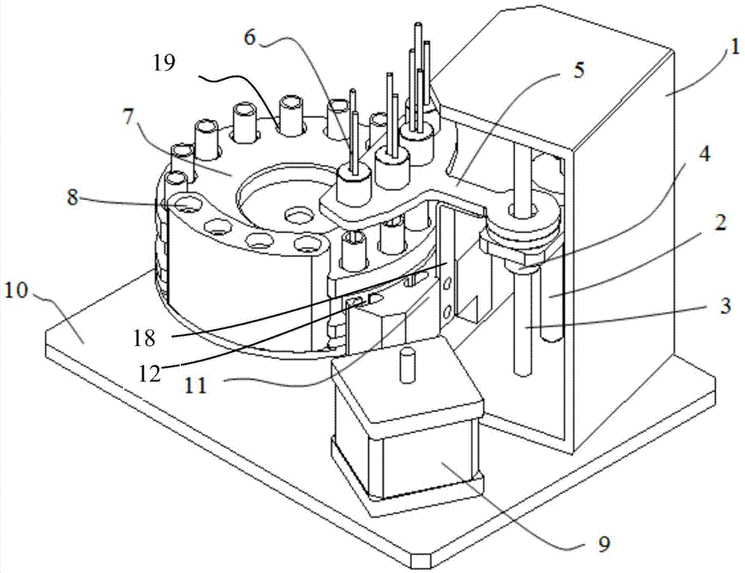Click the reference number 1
pos(734,48)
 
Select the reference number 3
pos(724,306)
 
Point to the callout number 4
pos(705,154)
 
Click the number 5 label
pos(578,71)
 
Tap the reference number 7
pos(128,117)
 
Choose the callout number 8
pos(72,196)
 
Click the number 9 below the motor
pos(603,543)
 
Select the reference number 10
pos(16,290)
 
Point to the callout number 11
pos(196,384)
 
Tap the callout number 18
pos(144,338)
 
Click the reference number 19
pos(164,63)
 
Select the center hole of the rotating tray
pos(299,216)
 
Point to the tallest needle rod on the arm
pos(418,72)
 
